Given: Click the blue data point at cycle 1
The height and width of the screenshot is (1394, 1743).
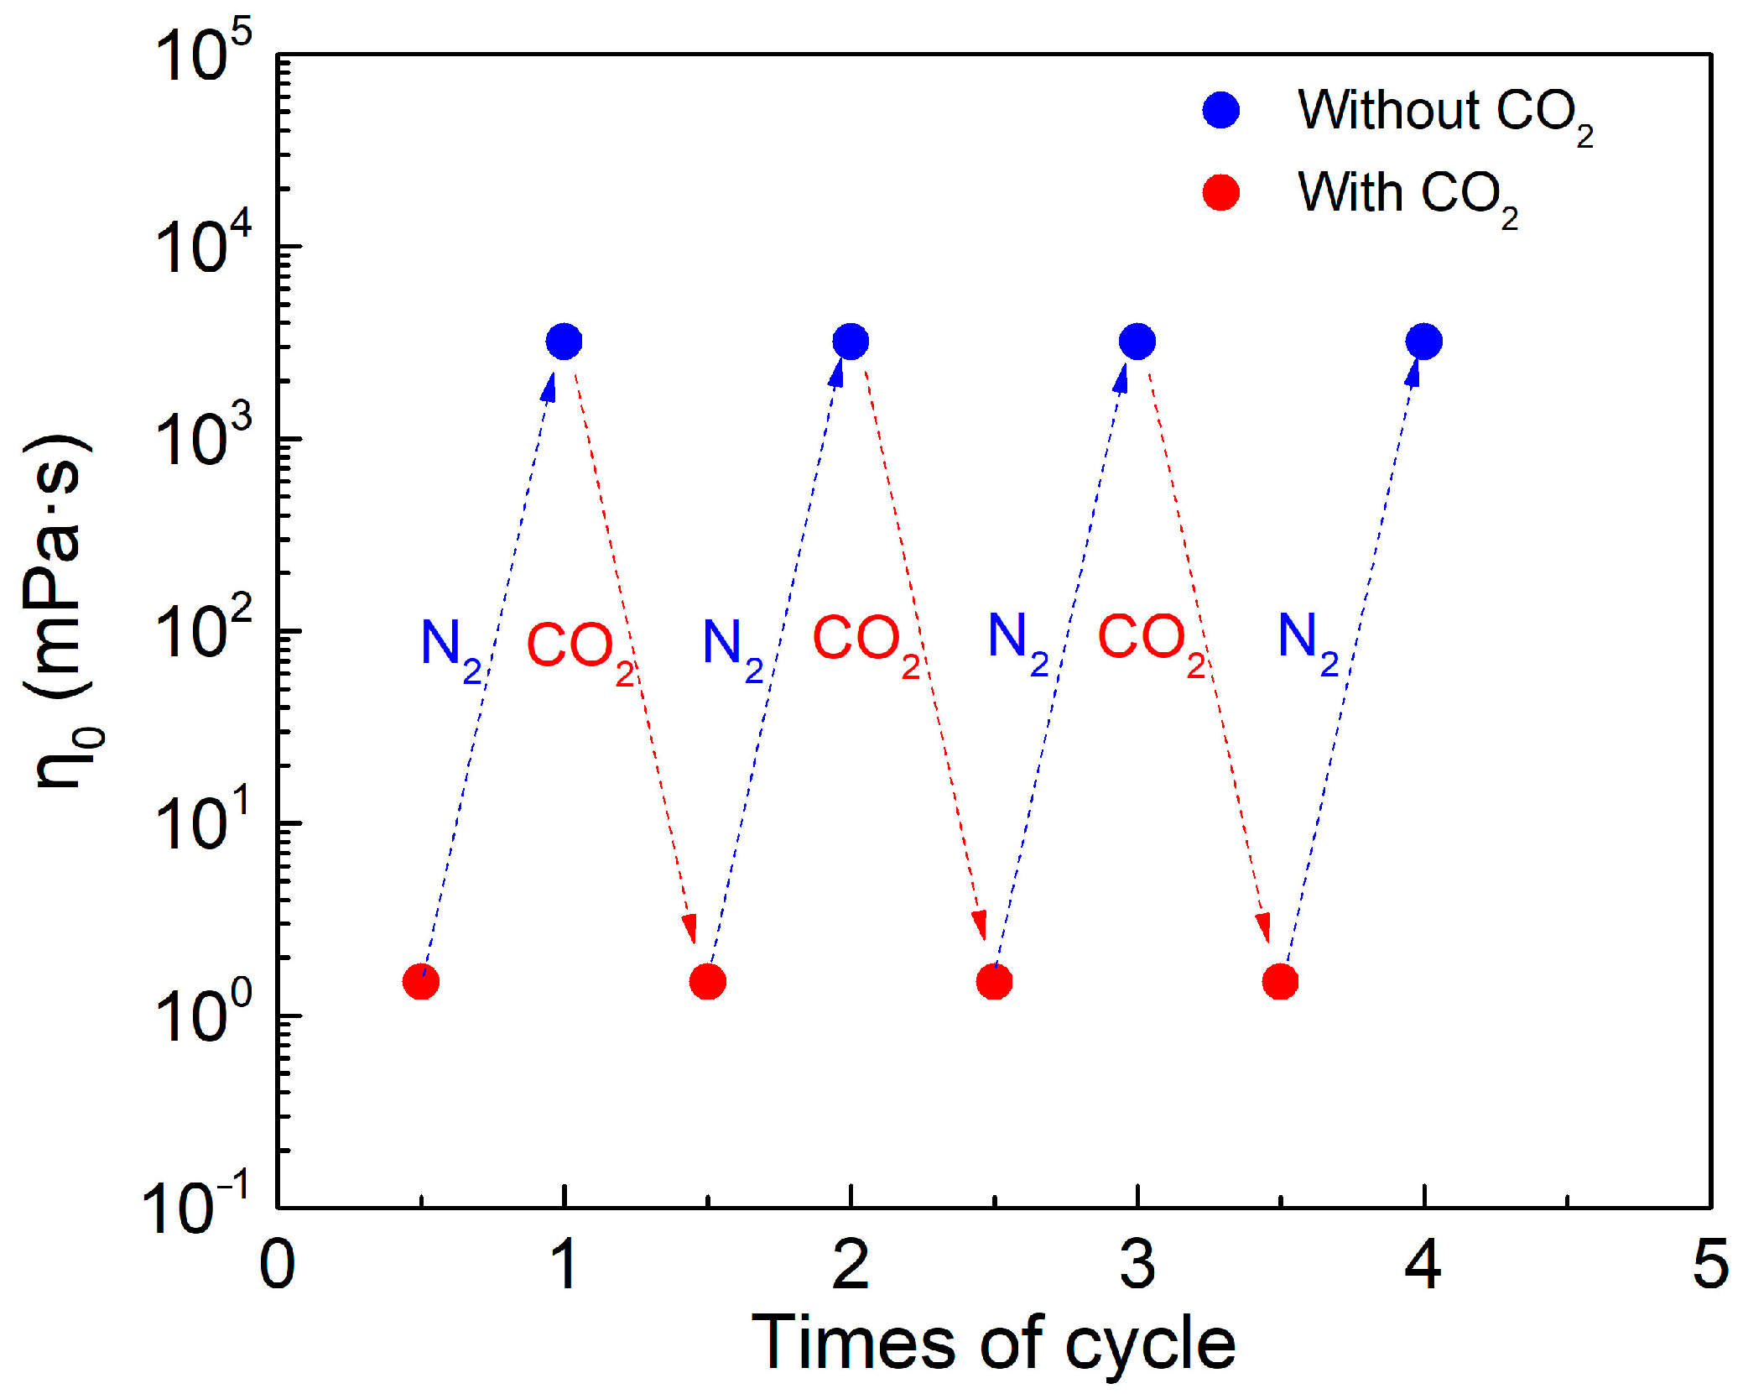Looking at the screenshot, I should [564, 342].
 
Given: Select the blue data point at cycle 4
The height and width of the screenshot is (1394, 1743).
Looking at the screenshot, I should [1423, 342].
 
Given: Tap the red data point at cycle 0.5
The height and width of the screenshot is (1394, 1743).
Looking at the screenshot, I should [421, 981].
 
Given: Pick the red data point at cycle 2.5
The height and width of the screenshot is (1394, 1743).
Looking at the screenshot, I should [994, 981].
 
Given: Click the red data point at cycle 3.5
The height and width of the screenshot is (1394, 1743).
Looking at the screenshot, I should [1280, 981].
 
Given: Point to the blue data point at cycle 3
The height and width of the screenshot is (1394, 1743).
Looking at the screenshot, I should [1137, 342].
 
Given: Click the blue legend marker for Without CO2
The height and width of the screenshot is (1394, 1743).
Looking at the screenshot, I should [1220, 110].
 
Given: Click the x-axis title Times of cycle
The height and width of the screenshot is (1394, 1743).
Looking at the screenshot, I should [993, 1343].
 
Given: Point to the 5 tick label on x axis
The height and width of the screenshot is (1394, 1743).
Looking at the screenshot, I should [1710, 1264].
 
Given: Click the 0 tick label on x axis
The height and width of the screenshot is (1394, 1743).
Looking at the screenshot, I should [278, 1264].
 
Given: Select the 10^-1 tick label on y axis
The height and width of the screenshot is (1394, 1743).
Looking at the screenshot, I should [196, 1207].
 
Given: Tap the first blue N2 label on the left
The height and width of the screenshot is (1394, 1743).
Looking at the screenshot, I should [450, 648].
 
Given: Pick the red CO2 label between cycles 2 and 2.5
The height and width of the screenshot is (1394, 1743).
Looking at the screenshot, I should [865, 642].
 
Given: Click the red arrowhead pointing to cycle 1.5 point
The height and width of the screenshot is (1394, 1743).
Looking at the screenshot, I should [689, 929].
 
